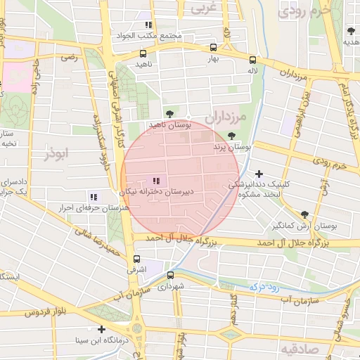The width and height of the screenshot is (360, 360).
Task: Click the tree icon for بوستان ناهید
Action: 169,113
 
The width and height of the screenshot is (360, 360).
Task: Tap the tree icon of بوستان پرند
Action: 232,136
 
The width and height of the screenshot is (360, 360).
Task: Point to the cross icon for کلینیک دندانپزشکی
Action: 259,174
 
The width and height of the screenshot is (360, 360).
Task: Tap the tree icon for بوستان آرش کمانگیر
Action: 304,215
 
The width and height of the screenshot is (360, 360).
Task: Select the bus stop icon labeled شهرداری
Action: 170,275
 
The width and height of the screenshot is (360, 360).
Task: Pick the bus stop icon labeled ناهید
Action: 143,53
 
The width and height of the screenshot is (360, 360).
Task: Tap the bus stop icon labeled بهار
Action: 213,49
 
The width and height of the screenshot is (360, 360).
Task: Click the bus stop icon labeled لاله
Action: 252,60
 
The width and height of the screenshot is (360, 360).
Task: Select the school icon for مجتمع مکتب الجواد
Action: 148,25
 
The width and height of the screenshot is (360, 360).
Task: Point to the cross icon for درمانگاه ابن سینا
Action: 102,329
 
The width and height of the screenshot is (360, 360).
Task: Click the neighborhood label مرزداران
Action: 228,117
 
